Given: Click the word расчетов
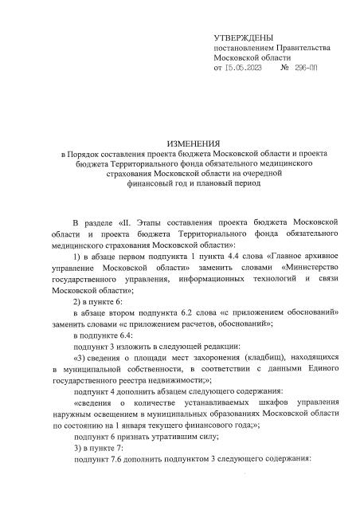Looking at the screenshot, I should click(x=216, y=325).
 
